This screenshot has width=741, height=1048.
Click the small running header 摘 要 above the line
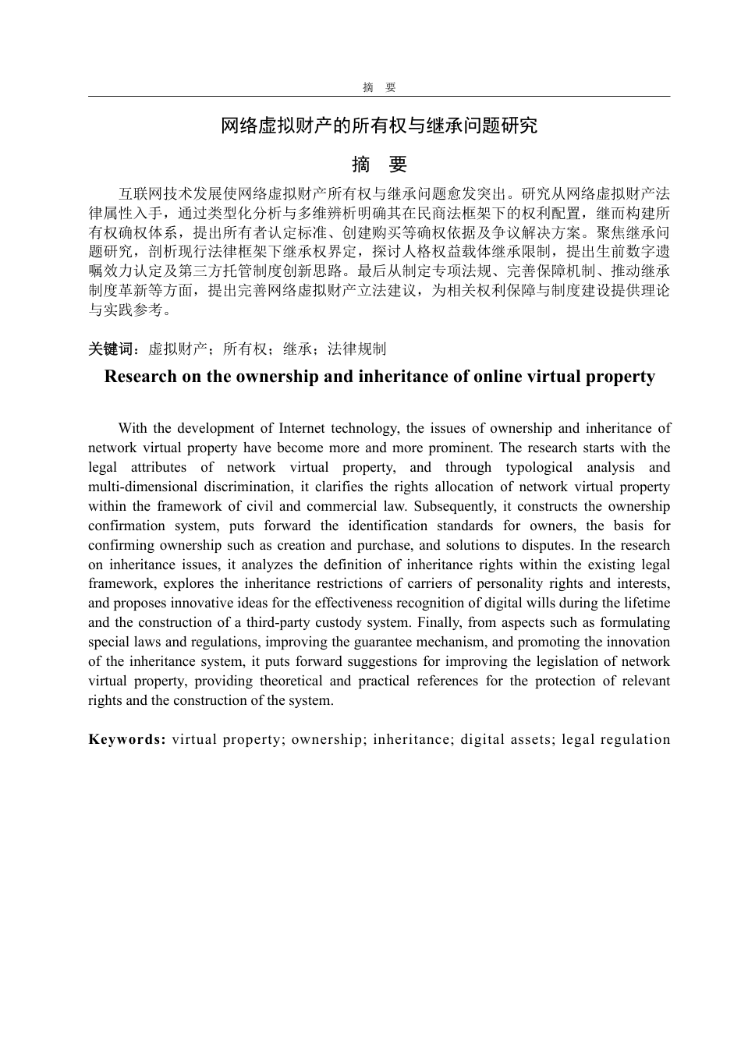(379, 87)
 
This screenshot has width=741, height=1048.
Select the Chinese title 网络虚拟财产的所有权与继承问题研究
(379, 126)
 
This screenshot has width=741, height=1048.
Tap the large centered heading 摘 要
(379, 165)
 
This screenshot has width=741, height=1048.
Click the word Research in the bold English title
(141, 377)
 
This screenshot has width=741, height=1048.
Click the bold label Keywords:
(127, 739)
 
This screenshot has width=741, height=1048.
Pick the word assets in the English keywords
(529, 739)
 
